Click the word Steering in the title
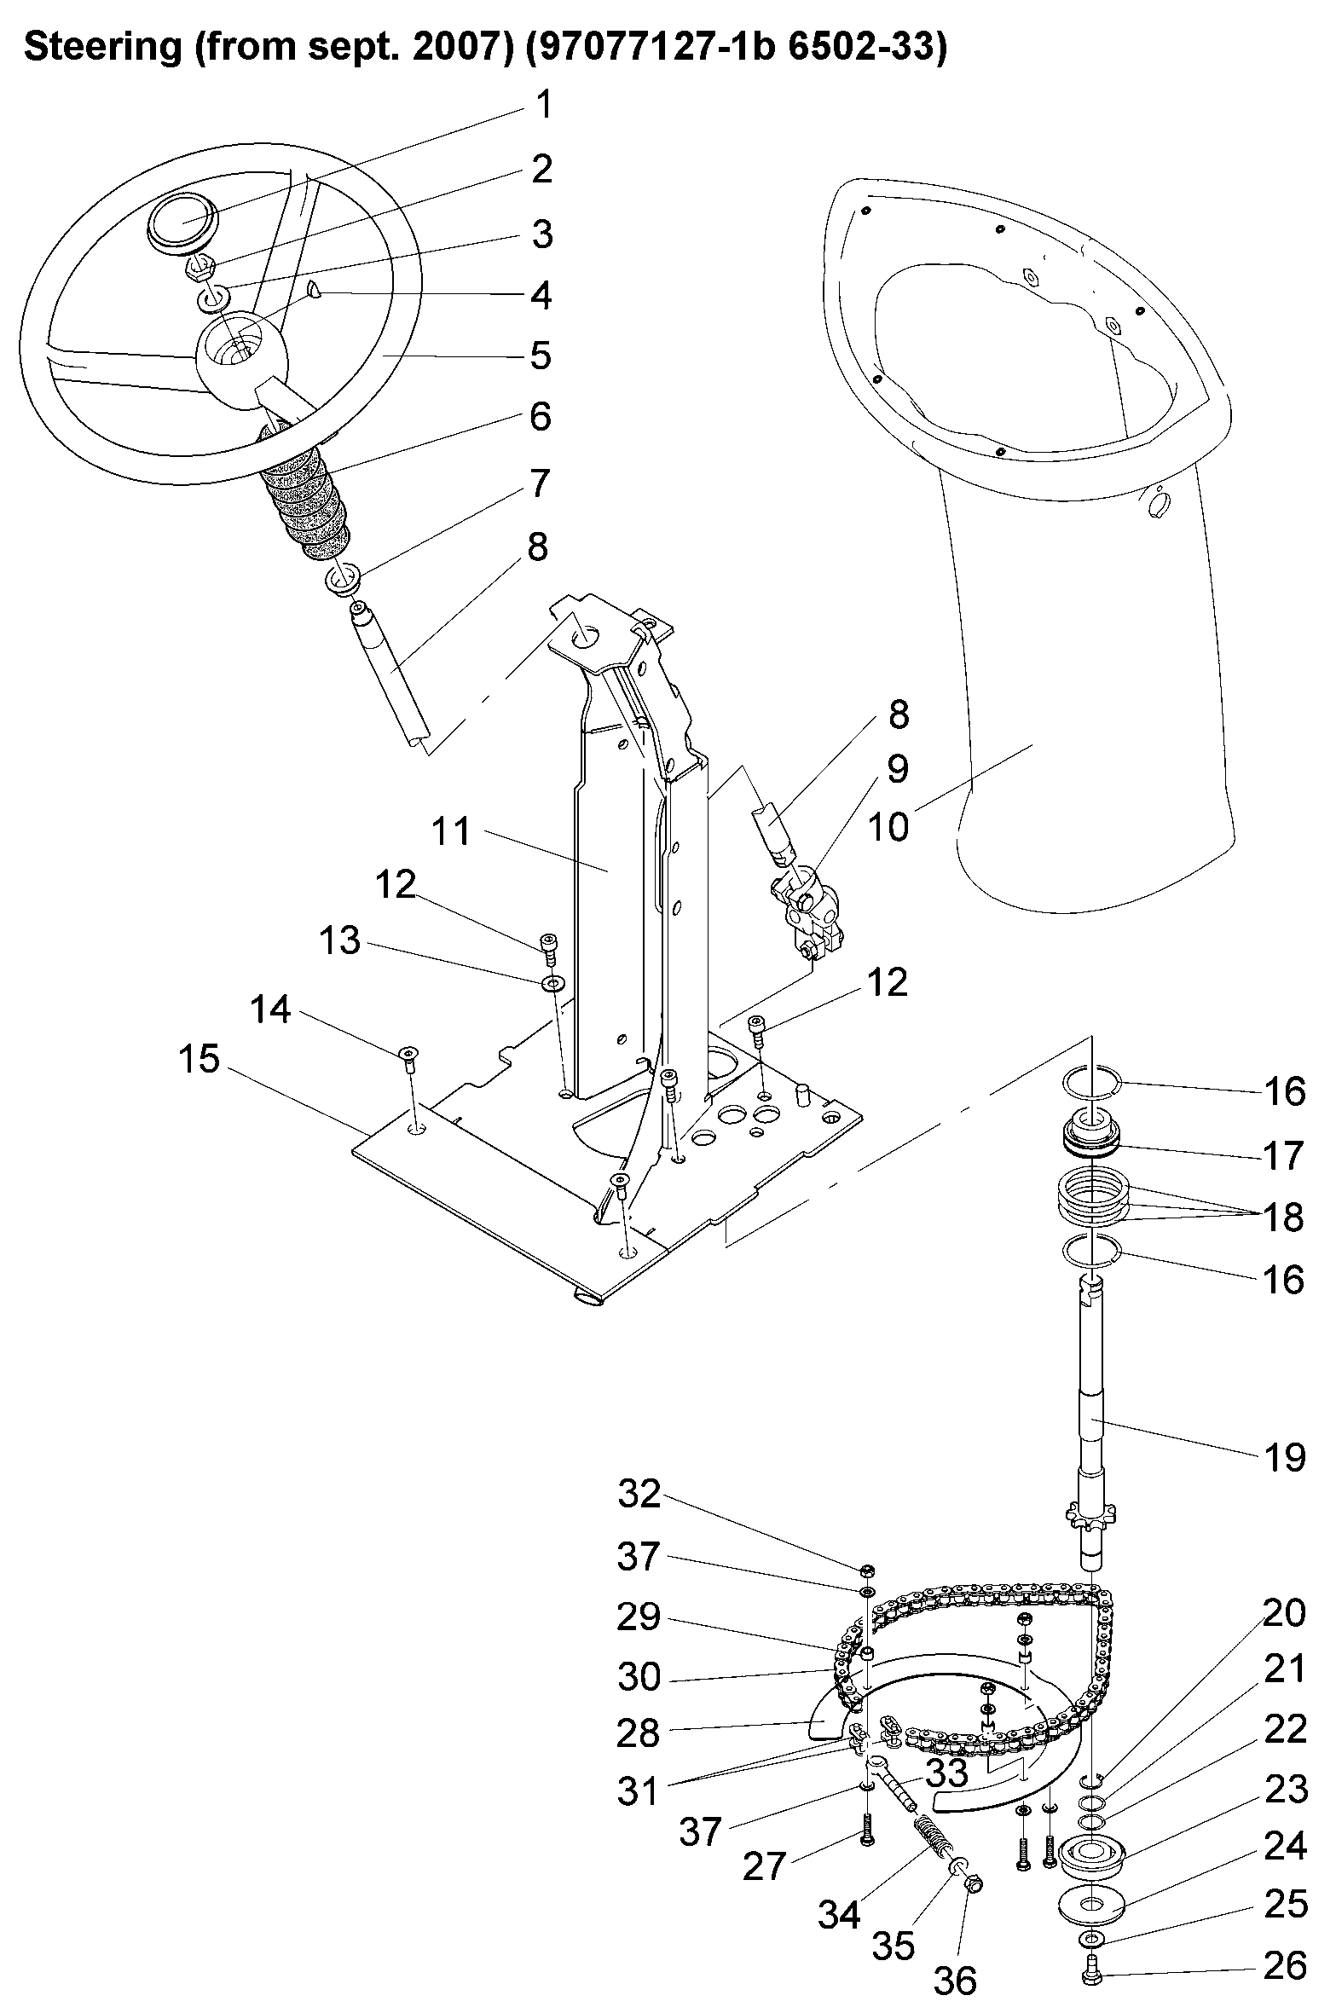102,49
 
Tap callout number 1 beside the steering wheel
543,105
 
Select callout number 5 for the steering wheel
541,356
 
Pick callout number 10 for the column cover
887,826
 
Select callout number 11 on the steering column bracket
450,831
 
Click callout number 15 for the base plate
199,1060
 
